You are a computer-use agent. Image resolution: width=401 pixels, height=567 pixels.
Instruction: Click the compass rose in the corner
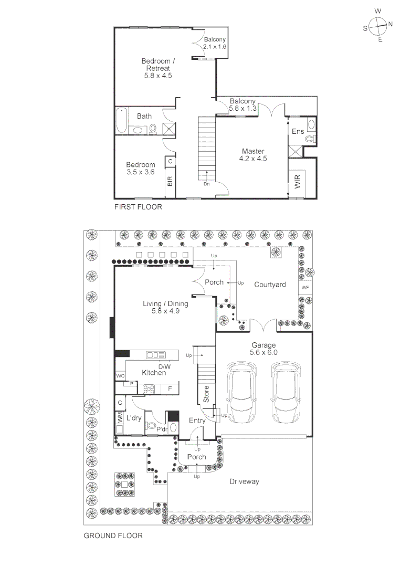(x=377, y=25)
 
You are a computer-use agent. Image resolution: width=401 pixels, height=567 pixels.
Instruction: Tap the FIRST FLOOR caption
(x=138, y=207)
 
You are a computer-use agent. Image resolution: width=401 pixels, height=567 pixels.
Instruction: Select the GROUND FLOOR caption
(x=113, y=536)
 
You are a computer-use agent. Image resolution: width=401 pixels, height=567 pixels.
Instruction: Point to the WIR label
(x=298, y=182)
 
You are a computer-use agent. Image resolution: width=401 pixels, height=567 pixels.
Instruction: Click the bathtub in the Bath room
(x=121, y=121)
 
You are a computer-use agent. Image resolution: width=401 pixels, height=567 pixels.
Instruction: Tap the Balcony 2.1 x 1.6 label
(x=215, y=43)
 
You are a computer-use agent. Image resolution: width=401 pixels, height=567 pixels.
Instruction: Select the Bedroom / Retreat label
(x=158, y=68)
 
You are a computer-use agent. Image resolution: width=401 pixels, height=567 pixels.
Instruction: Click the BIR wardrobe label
(x=170, y=182)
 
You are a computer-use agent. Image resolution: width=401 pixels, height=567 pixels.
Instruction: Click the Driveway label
(x=245, y=481)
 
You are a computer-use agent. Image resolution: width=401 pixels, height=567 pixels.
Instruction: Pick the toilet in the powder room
(x=152, y=427)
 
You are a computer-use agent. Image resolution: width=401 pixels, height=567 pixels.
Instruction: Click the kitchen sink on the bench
(x=156, y=355)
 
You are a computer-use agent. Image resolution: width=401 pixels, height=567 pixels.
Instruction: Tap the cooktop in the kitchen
(x=149, y=389)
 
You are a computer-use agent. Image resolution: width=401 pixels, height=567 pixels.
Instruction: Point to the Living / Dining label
(x=165, y=307)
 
